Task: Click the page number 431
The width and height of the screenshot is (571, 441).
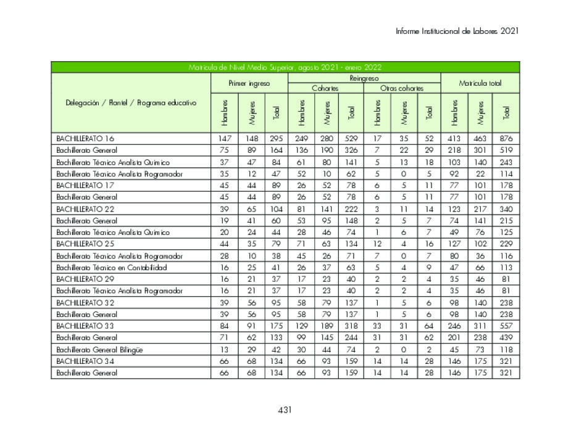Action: click(x=285, y=410)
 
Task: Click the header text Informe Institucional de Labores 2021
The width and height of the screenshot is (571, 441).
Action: click(x=457, y=31)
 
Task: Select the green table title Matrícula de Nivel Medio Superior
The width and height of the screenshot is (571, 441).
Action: click(x=285, y=67)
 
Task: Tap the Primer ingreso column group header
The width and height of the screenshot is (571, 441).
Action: click(x=249, y=83)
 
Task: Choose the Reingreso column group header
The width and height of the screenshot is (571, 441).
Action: click(x=364, y=78)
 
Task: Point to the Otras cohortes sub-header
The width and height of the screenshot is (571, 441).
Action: click(x=402, y=88)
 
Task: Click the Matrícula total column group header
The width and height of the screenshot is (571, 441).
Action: click(x=480, y=83)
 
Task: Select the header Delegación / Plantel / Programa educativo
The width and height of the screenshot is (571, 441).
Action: click(x=131, y=103)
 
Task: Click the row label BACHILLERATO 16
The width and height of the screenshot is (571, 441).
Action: click(x=85, y=138)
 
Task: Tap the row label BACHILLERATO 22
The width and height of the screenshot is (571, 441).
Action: click(x=85, y=209)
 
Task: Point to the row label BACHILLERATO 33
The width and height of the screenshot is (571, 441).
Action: click(x=85, y=326)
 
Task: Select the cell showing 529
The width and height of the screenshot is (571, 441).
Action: click(x=351, y=138)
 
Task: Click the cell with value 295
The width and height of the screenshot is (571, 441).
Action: click(x=276, y=138)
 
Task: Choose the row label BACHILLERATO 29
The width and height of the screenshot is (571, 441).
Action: click(x=85, y=279)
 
